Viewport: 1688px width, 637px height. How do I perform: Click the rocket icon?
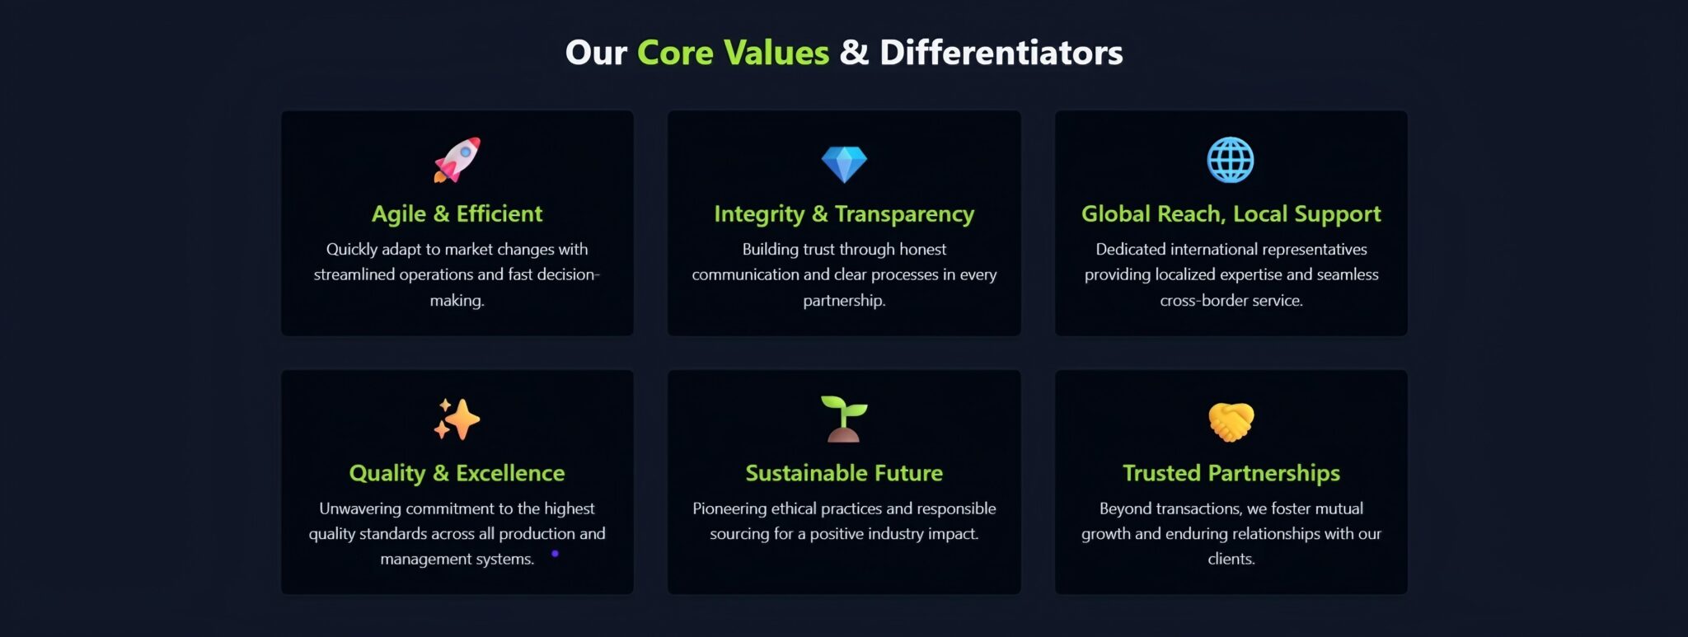click(457, 160)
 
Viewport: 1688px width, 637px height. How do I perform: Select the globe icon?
click(1231, 160)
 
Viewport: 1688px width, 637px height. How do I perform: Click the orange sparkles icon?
click(457, 419)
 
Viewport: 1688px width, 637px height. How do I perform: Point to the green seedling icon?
click(844, 419)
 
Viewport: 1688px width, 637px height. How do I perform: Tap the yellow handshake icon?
click(1231, 422)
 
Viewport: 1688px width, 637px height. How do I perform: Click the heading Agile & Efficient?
click(457, 214)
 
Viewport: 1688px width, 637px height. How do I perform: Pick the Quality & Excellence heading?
click(457, 474)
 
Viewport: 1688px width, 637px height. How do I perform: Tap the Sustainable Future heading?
click(844, 473)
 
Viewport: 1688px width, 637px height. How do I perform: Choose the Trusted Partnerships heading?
click(1231, 474)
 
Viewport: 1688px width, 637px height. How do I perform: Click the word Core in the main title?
click(675, 53)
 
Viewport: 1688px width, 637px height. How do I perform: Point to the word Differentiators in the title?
click(1001, 53)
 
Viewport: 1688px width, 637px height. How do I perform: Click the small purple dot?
click(555, 554)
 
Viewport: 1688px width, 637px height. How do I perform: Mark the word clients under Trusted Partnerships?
click(1230, 559)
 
